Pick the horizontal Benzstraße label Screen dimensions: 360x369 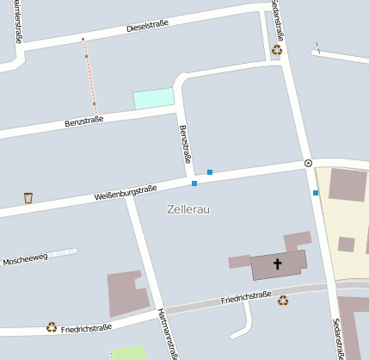click(84, 121)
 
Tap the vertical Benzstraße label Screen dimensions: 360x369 click(184, 145)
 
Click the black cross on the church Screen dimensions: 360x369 click(278, 264)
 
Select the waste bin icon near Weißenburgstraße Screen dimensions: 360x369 click(28, 198)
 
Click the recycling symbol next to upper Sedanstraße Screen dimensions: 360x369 click(277, 50)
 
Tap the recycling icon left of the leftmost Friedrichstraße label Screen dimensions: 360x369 click(52, 327)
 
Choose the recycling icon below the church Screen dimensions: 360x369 click(283, 300)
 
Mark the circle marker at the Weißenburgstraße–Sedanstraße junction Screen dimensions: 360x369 click(308, 163)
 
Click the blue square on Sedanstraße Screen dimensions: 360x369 click(316, 193)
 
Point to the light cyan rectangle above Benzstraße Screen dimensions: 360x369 click(153, 98)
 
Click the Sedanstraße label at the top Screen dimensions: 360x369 click(276, 19)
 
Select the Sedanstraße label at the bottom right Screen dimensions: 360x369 click(339, 338)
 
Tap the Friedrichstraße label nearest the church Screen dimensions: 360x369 click(246, 299)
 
